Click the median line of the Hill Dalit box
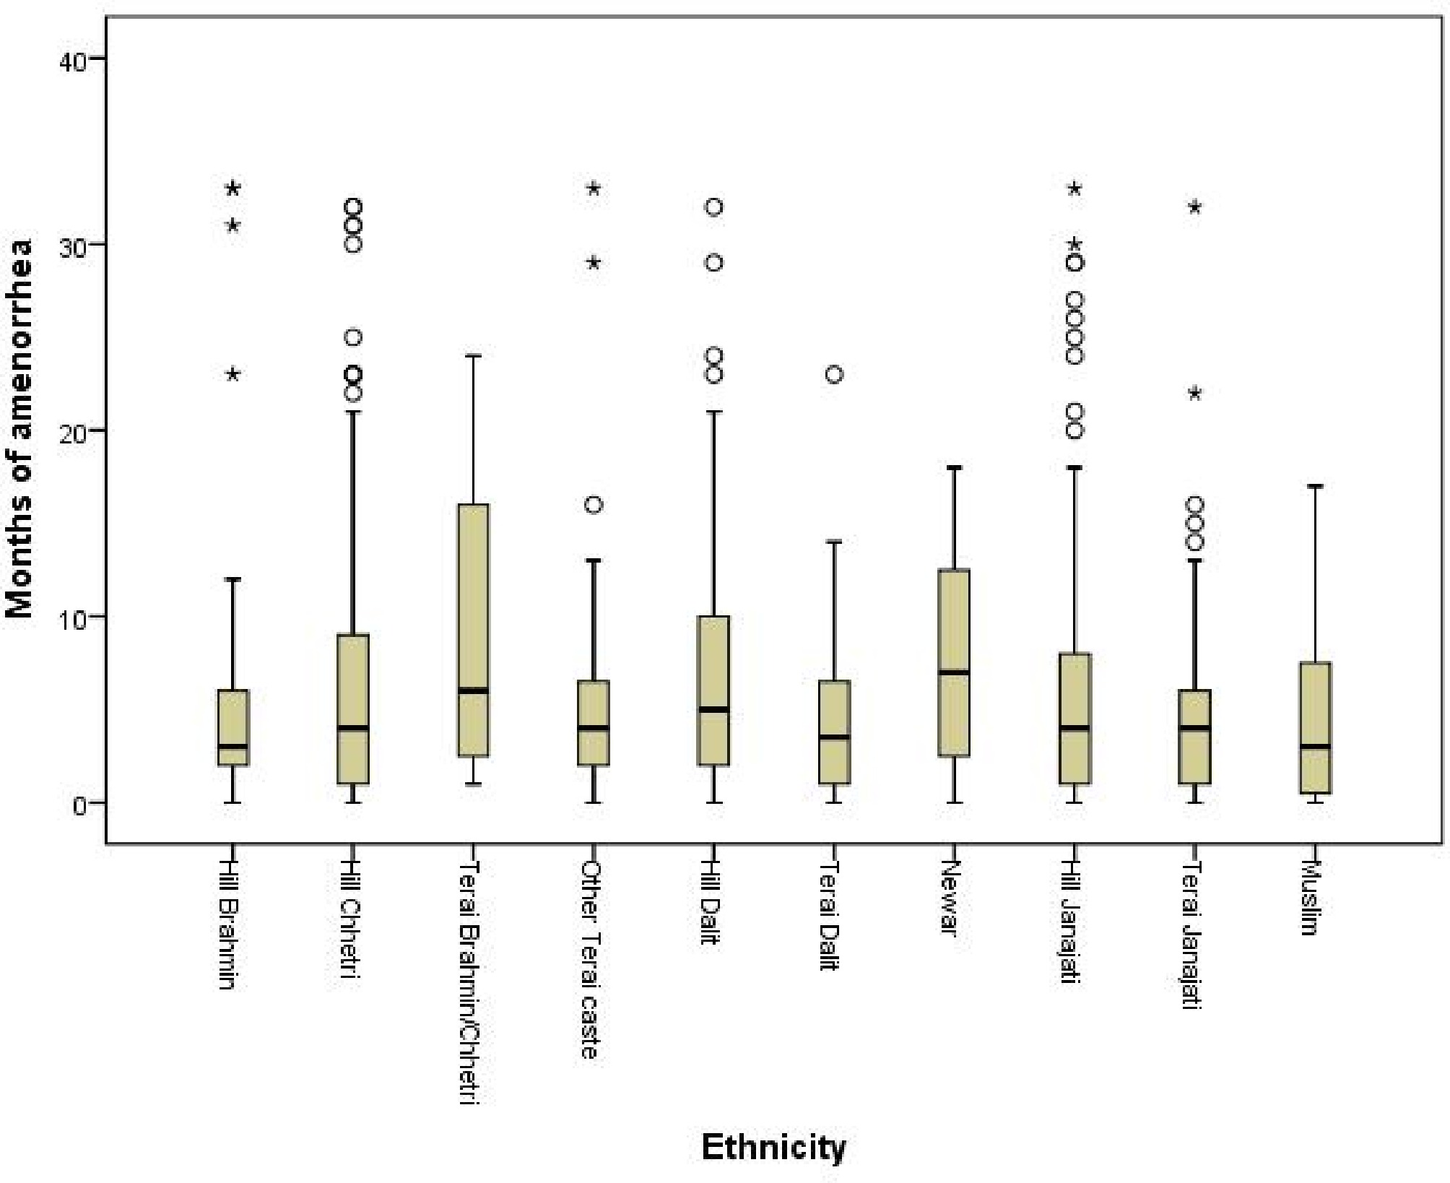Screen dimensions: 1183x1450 713,709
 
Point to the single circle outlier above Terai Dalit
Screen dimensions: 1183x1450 834,375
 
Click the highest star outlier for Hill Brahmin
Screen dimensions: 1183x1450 233,188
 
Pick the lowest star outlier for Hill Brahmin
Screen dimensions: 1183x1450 233,374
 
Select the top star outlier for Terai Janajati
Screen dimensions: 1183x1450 1194,207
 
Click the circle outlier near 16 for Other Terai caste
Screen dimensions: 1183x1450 594,504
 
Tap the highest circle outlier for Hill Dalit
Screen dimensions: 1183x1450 713,207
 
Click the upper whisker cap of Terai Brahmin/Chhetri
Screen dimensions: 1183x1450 473,355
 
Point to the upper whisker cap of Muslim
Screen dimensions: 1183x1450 1315,486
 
